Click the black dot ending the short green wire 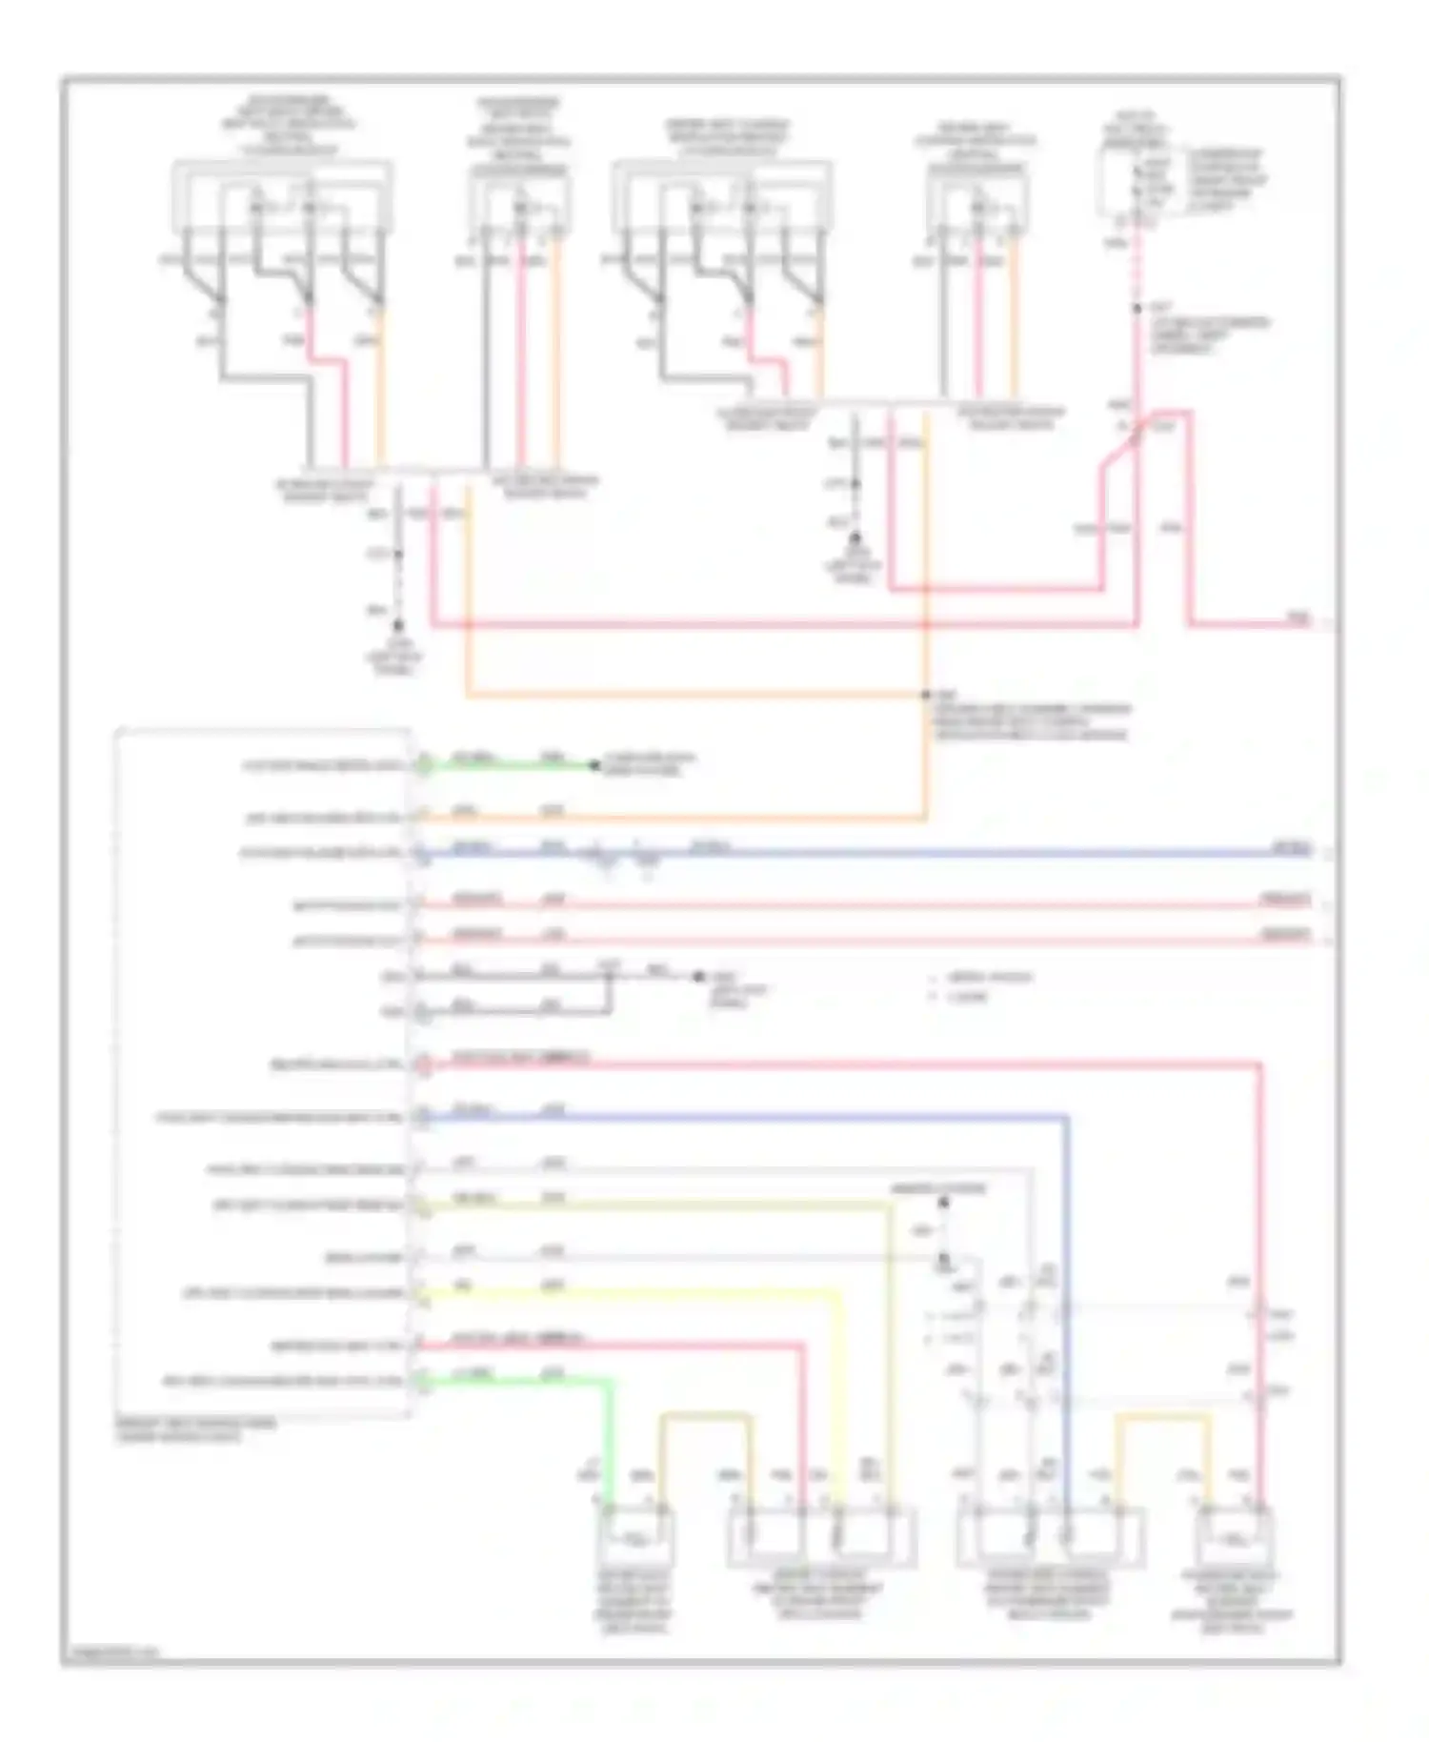(x=594, y=765)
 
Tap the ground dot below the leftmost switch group (x=398, y=626)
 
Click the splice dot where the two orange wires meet (x=925, y=695)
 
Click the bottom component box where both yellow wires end (x=821, y=1536)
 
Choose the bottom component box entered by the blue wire (x=1050, y=1536)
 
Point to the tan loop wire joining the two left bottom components (x=705, y=1416)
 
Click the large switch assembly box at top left (x=282, y=196)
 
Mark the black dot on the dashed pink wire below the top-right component (x=1137, y=309)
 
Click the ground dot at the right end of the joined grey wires (x=698, y=976)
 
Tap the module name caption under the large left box (x=197, y=1429)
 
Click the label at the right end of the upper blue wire (x=1294, y=847)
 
